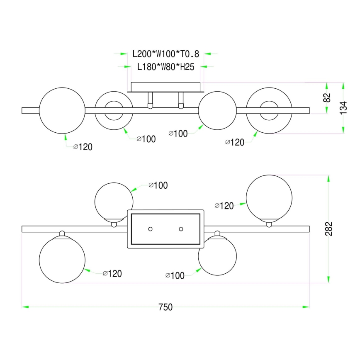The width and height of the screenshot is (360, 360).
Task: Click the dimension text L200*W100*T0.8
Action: point(165,54)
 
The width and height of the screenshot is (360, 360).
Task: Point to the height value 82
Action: point(327,98)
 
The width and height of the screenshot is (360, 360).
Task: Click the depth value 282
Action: point(329,229)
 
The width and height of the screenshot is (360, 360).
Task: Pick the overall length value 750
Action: point(165,307)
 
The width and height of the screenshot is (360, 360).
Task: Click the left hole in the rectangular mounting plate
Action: point(150,229)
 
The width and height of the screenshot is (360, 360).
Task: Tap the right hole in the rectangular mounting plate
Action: point(181,229)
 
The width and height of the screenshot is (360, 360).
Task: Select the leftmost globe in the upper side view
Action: point(62,110)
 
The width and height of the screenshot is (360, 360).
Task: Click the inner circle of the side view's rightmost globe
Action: point(269,110)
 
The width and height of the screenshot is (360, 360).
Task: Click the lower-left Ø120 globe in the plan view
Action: point(62,260)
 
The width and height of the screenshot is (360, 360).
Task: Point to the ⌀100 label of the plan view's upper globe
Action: point(158,185)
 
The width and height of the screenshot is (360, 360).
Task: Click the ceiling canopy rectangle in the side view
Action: point(165,87)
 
